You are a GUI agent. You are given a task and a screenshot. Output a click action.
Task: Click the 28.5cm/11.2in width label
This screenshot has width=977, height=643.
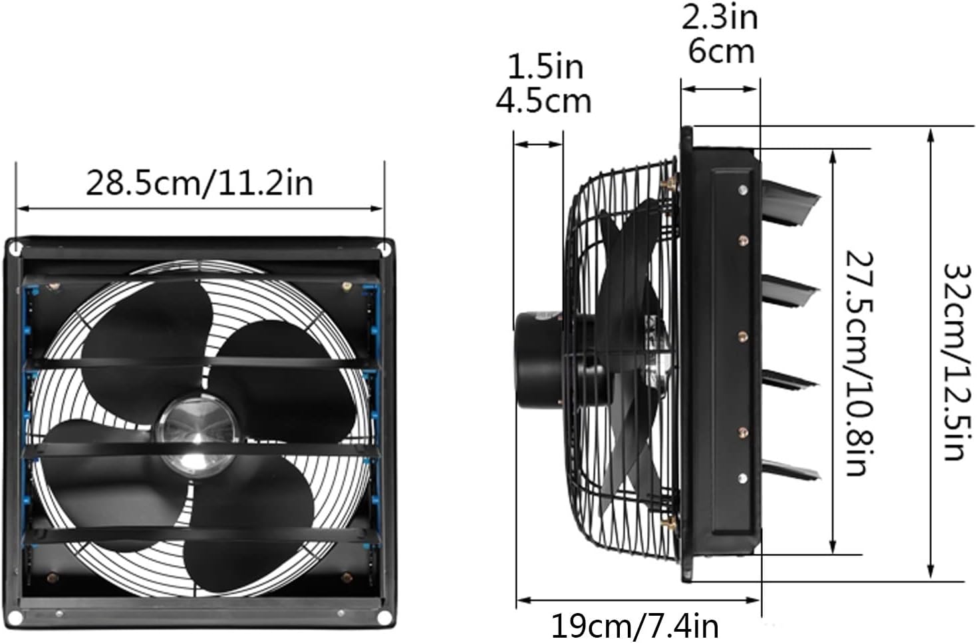pos(200,183)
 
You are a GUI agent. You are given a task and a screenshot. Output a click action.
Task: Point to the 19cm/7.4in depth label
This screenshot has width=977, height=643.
pos(634,626)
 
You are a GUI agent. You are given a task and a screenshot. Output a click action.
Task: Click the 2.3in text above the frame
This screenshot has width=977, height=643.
pos(720,17)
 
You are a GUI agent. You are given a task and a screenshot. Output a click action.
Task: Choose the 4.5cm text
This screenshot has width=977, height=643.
pos(543,101)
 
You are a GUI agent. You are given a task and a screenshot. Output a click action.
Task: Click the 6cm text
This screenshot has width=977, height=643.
pos(721,51)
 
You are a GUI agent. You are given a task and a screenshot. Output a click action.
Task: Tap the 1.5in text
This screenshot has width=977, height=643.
pos(545,67)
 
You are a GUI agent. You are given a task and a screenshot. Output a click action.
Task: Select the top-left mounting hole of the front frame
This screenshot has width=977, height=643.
pos(15,249)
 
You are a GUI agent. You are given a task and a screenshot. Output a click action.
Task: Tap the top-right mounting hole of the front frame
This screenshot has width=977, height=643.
pos(384,248)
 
